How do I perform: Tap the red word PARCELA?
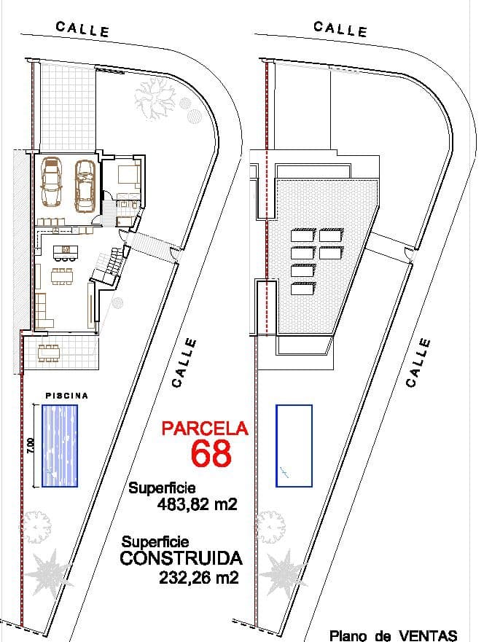205,428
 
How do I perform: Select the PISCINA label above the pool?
67,396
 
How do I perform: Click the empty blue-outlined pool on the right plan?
294,445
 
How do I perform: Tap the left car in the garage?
52,181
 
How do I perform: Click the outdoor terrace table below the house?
49,353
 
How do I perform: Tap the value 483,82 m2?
198,504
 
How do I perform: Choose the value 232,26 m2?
198,577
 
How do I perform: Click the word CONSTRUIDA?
181,558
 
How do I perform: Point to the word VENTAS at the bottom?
428,635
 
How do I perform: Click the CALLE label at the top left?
82,29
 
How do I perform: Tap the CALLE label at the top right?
340,29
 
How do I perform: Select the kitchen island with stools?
65,253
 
